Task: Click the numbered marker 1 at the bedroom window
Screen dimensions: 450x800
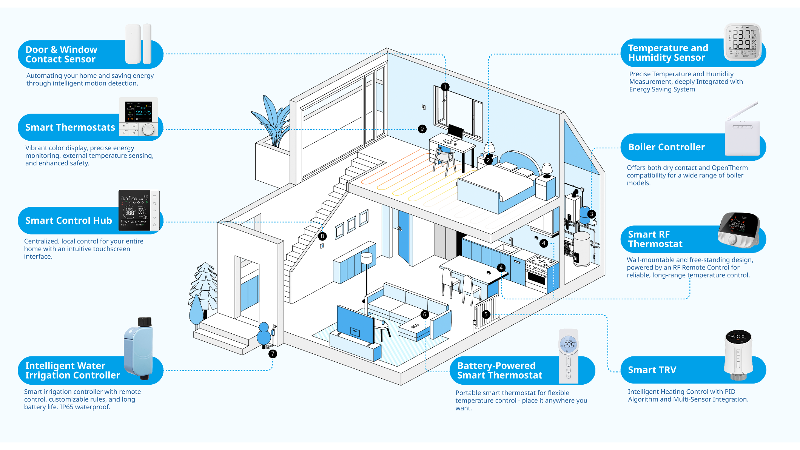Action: pyautogui.click(x=445, y=87)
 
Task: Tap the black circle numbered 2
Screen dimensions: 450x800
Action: pyautogui.click(x=488, y=160)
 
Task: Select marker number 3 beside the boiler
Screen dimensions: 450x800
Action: pyautogui.click(x=592, y=214)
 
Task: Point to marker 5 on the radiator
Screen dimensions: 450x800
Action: pyautogui.click(x=486, y=314)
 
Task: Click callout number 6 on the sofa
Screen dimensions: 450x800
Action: pyautogui.click(x=425, y=314)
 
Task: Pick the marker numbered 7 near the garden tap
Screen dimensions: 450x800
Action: pyautogui.click(x=273, y=354)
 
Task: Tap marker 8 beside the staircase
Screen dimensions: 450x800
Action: pyautogui.click(x=322, y=236)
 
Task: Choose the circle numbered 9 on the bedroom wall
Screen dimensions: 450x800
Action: pyautogui.click(x=422, y=129)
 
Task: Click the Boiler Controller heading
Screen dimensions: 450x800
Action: pyautogui.click(x=666, y=147)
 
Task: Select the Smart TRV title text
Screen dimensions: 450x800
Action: pyautogui.click(x=652, y=370)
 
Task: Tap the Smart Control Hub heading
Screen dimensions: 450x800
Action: pyautogui.click(x=68, y=221)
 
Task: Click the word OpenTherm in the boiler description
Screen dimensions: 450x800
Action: pyautogui.click(x=729, y=168)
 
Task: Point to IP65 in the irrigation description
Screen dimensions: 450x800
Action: pyautogui.click(x=66, y=407)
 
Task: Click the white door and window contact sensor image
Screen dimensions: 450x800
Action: pyautogui.click(x=138, y=44)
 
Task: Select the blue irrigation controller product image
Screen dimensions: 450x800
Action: pyautogui.click(x=139, y=348)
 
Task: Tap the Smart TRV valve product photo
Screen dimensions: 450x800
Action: pyautogui.click(x=738, y=355)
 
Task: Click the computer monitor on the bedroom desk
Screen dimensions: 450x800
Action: pyautogui.click(x=455, y=132)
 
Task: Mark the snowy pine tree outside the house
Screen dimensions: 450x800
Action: pyautogui.click(x=204, y=287)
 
